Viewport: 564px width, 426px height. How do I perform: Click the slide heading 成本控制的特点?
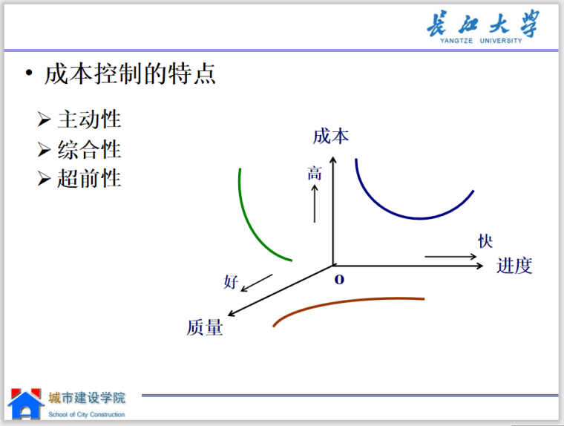pyautogui.click(x=130, y=74)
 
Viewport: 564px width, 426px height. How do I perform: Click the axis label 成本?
pyautogui.click(x=330, y=136)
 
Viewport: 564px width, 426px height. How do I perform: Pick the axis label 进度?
pyautogui.click(x=514, y=266)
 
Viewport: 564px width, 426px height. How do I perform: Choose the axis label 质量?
pyautogui.click(x=205, y=327)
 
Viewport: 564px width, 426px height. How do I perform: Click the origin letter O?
pyautogui.click(x=340, y=280)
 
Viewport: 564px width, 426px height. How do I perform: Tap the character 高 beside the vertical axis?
pyautogui.click(x=315, y=174)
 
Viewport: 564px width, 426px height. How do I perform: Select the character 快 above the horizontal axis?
pyautogui.click(x=485, y=241)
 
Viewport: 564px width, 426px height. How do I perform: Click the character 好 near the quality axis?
pyautogui.click(x=231, y=282)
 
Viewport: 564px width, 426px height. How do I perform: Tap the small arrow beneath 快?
pyautogui.click(x=451, y=257)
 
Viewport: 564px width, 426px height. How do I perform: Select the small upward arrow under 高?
pyautogui.click(x=315, y=203)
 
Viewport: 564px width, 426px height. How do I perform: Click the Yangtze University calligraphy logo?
pyautogui.click(x=482, y=27)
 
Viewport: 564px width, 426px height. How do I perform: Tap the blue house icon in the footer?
pyautogui.click(x=25, y=404)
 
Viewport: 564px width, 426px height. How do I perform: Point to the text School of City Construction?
pyautogui.click(x=87, y=415)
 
